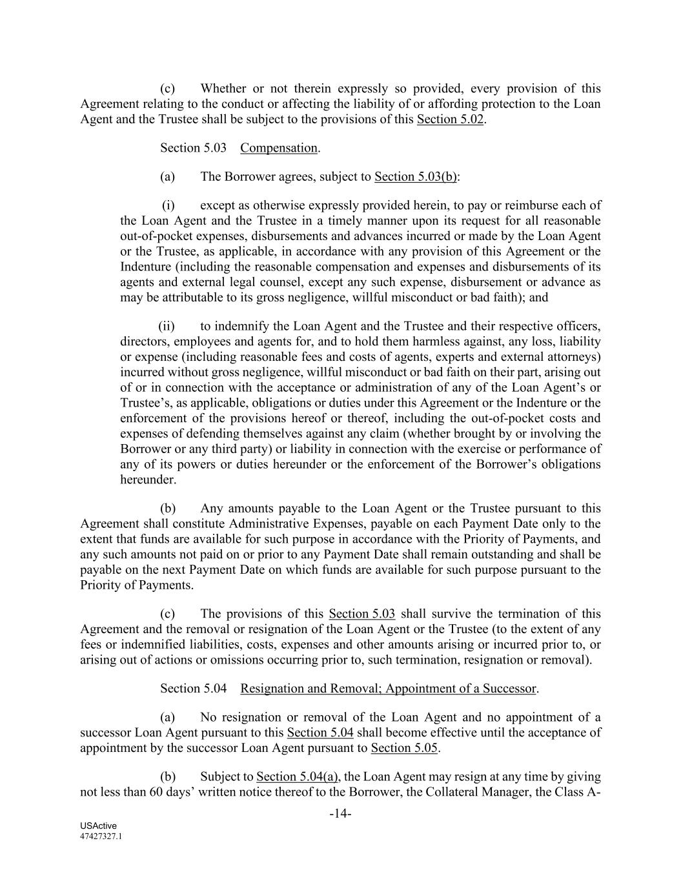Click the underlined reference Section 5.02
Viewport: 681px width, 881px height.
450,119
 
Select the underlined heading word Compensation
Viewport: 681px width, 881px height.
279,148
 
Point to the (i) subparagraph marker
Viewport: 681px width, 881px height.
168,205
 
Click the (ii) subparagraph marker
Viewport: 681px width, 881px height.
167,326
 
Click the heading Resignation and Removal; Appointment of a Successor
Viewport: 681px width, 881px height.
388,689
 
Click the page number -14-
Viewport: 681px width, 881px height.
340,814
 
